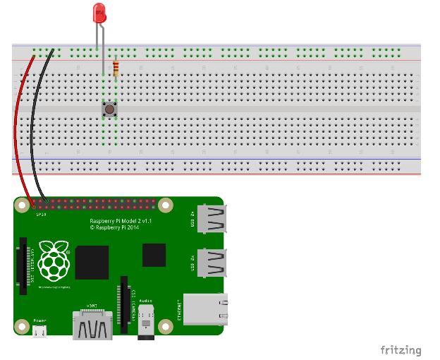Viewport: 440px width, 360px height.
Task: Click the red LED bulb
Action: pyautogui.click(x=99, y=12)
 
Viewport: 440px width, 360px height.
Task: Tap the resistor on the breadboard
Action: pyautogui.click(x=116, y=68)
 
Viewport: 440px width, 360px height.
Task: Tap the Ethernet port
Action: pyautogui.click(x=204, y=308)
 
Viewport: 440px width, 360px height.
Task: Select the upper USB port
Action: pyautogui.click(x=211, y=221)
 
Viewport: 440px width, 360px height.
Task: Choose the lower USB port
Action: pyautogui.click(x=211, y=264)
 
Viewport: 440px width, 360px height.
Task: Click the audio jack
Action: pyautogui.click(x=147, y=324)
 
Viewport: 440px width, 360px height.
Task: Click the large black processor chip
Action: pyautogui.click(x=92, y=263)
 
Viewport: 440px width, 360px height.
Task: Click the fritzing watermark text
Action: pyautogui.click(x=401, y=350)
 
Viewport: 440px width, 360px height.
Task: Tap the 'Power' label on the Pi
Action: pyautogui.click(x=40, y=320)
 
